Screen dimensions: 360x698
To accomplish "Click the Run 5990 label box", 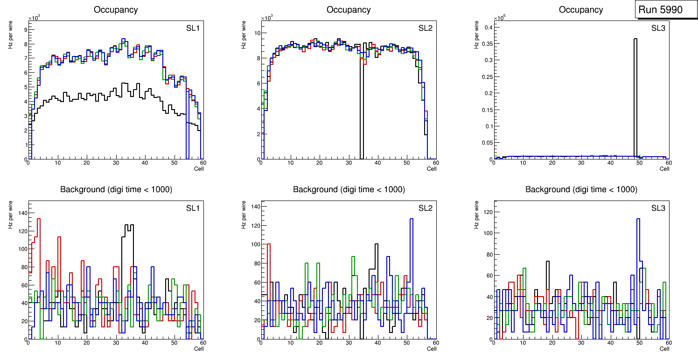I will pyautogui.click(x=666, y=9).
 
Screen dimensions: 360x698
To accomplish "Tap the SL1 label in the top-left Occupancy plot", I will pyautogui.click(x=193, y=28).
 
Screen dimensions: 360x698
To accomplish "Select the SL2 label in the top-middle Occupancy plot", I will pyautogui.click(x=425, y=28).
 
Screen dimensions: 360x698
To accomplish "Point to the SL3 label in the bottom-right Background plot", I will pyautogui.click(x=658, y=208).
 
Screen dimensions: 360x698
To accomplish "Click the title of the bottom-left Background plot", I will pyautogui.click(x=116, y=189).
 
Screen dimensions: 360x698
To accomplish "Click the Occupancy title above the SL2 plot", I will pyautogui.click(x=349, y=10).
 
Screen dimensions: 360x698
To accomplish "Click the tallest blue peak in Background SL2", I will pyautogui.click(x=412, y=219).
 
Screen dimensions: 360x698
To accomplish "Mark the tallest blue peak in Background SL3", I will pyautogui.click(x=638, y=219).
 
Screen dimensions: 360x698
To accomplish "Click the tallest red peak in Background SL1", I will pyautogui.click(x=39, y=219).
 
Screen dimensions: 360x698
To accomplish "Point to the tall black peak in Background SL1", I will pyautogui.click(x=128, y=226).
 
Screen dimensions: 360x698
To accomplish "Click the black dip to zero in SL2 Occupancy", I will pyautogui.click(x=362, y=117).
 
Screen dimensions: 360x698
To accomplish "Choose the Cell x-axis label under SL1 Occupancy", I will pyautogui.click(x=199, y=169).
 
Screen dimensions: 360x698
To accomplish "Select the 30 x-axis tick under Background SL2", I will pyautogui.click(x=348, y=343).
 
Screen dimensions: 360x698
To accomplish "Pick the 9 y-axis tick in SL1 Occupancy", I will pyautogui.click(x=25, y=29).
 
